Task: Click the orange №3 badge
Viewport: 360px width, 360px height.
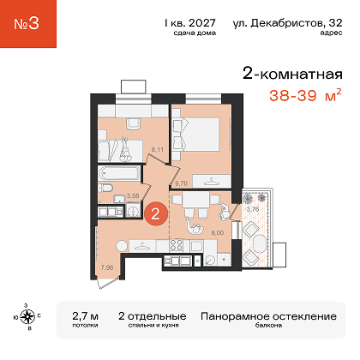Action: (x=28, y=24)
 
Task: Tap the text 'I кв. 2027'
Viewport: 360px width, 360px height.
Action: (x=190, y=23)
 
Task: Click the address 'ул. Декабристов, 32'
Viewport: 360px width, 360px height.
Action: (x=287, y=23)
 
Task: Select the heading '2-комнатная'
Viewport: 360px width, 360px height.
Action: (x=292, y=74)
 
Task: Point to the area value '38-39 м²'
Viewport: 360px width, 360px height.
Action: (x=305, y=95)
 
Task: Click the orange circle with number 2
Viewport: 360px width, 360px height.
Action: (x=155, y=213)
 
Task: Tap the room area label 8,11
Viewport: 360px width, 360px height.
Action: (x=158, y=149)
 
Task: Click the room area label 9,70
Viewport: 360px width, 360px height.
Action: (x=181, y=183)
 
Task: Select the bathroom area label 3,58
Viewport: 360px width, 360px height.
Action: (x=133, y=195)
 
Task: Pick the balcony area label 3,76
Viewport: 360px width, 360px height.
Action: (x=253, y=209)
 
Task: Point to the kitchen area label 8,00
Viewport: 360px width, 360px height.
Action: (x=218, y=233)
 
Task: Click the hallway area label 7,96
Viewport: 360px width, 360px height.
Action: (x=107, y=267)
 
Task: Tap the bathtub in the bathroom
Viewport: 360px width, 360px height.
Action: (x=119, y=173)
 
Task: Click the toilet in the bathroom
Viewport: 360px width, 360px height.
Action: (x=105, y=188)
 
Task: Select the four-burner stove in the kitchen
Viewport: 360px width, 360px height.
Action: (x=176, y=245)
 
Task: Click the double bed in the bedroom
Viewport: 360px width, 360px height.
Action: (x=196, y=134)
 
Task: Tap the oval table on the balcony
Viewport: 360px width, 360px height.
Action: (x=260, y=243)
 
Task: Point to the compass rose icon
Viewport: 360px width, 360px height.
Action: (x=27, y=316)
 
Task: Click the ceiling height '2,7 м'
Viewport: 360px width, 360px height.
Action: (x=85, y=316)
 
